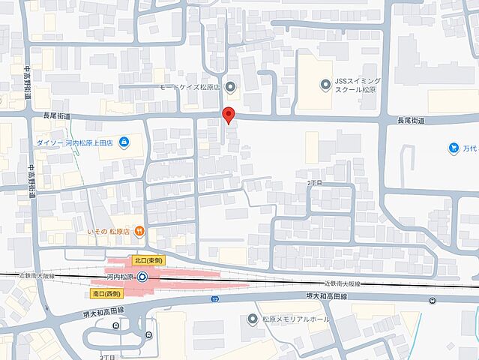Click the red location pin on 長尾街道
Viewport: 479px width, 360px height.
pyautogui.click(x=229, y=115)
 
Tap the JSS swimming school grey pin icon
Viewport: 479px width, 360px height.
pyautogui.click(x=325, y=84)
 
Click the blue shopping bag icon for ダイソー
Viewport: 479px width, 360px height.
pyautogui.click(x=124, y=142)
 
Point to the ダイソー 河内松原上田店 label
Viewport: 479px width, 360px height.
pyautogui.click(x=72, y=142)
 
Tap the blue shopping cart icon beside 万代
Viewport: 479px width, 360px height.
pyautogui.click(x=454, y=148)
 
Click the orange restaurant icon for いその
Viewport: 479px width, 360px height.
pyautogui.click(x=140, y=230)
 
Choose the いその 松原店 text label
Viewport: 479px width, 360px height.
pyautogui.click(x=109, y=231)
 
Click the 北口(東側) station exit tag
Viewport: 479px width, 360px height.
pyautogui.click(x=148, y=259)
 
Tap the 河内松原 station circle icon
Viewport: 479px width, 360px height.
pyautogui.click(x=142, y=277)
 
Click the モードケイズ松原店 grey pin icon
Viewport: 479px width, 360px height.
pyautogui.click(x=230, y=87)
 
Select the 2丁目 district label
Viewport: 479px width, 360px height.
pyautogui.click(x=315, y=183)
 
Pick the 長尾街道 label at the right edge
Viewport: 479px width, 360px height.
pyautogui.click(x=410, y=120)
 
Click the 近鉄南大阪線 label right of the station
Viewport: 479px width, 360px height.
pyautogui.click(x=341, y=284)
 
